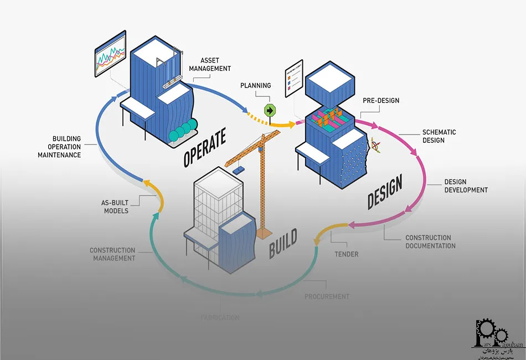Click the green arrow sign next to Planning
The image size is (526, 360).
[270, 110]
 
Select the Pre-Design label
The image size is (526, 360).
[381, 101]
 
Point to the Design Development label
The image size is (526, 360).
[466, 186]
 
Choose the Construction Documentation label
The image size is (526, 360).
[430, 242]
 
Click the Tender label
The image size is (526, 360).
[346, 254]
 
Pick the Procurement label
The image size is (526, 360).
[327, 296]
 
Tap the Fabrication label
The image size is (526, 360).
[220, 318]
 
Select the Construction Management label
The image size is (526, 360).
[112, 254]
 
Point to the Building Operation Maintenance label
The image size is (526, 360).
[59, 147]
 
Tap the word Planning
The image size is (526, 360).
[255, 86]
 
